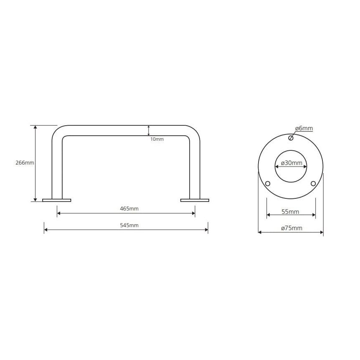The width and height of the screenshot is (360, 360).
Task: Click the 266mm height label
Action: (x=25, y=162)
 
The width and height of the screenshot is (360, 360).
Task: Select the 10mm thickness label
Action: (x=157, y=139)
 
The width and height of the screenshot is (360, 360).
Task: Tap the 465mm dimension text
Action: (x=129, y=209)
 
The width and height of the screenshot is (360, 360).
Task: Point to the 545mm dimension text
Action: (x=129, y=226)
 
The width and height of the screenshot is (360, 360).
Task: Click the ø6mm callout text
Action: (x=304, y=128)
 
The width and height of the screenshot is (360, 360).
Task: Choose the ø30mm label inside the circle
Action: (x=292, y=163)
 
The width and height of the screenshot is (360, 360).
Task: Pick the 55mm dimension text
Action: (x=290, y=212)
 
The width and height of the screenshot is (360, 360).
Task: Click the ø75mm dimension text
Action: (x=292, y=228)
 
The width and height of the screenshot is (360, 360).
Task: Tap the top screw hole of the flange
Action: (x=291, y=138)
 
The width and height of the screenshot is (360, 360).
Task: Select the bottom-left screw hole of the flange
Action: (x=268, y=184)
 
